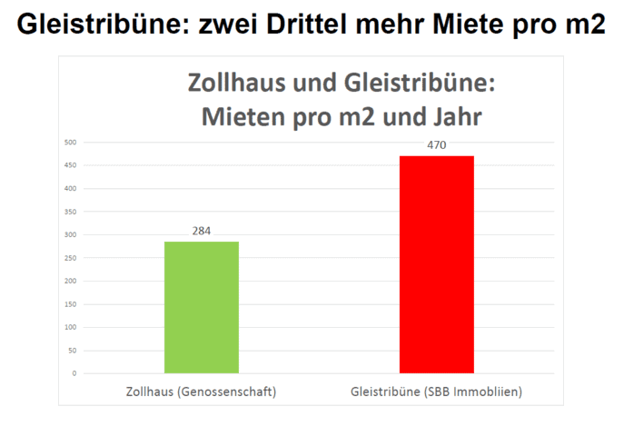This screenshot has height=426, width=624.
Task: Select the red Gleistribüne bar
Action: pos(436,264)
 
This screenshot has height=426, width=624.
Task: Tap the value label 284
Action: pos(201,231)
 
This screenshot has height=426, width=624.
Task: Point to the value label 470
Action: pos(436,145)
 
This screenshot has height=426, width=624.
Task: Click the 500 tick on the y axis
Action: pos(70,142)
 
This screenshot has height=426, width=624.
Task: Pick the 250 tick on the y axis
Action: pos(70,258)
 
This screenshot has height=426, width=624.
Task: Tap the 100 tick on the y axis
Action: pos(70,327)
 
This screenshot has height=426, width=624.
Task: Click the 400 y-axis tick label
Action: pos(70,188)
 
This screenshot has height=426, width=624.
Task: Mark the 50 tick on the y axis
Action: pos(72,351)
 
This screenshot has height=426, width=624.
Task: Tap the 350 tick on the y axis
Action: pos(70,212)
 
